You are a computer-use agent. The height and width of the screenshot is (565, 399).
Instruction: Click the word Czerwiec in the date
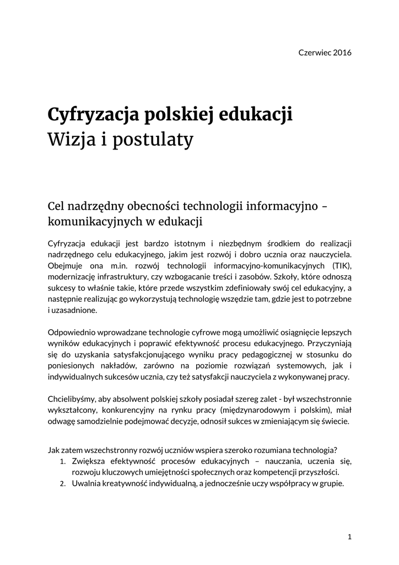[x=314, y=53]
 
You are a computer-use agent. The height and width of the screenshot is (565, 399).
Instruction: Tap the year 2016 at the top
[x=342, y=53]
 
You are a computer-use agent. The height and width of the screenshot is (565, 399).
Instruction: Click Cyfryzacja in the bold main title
[x=93, y=116]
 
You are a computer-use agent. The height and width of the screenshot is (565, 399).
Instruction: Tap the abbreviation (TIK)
[x=341, y=266]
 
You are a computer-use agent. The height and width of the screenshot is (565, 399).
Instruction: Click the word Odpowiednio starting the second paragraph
[x=72, y=333]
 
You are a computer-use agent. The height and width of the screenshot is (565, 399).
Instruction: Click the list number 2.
[x=63, y=484]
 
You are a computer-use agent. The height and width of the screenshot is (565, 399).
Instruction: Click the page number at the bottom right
[x=349, y=536]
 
